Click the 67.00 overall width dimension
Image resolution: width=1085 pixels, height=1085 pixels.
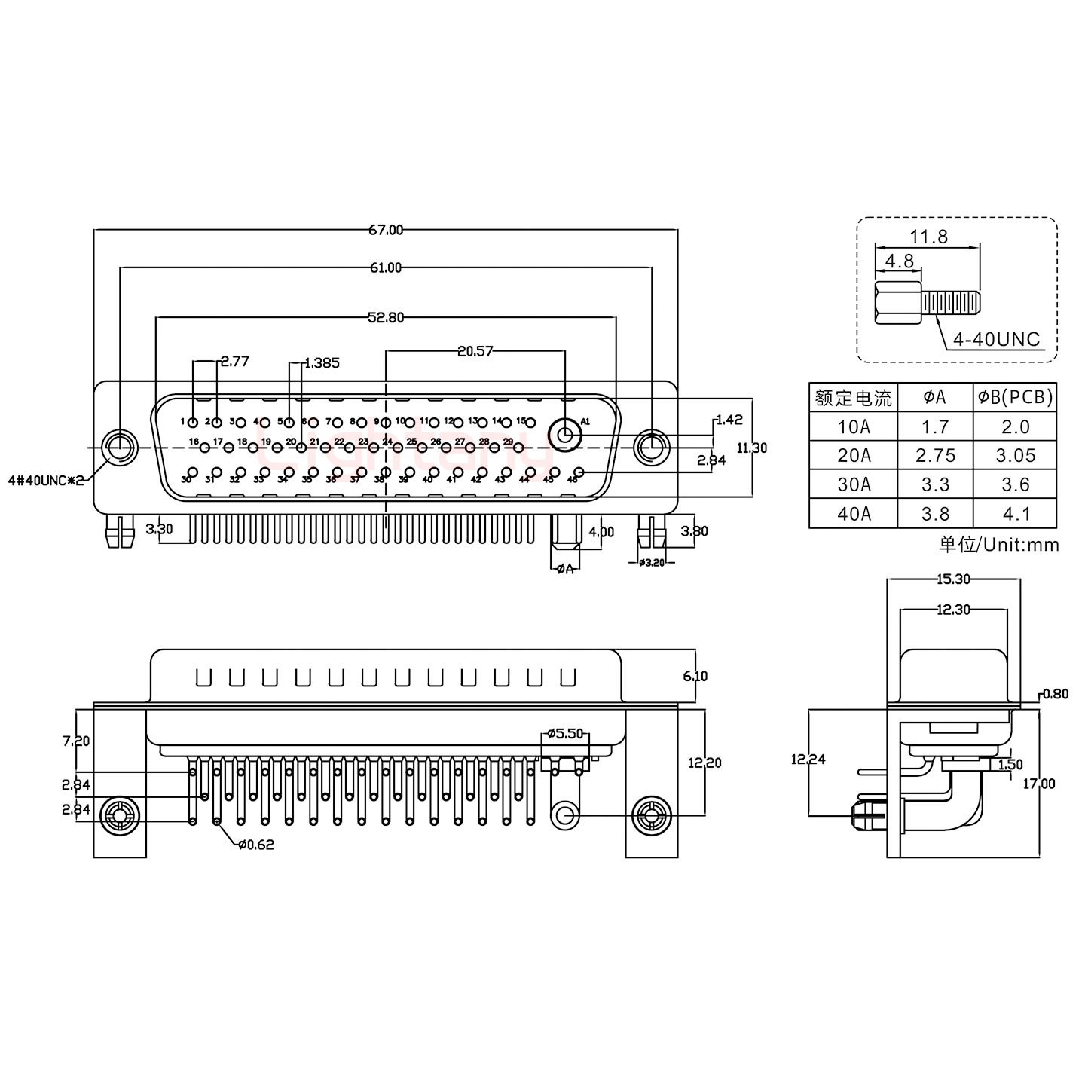coord(386,230)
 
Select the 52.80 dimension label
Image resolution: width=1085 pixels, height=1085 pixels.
coord(386,318)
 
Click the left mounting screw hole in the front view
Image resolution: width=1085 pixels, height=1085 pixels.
coord(119,448)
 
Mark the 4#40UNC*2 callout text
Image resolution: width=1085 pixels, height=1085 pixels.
coord(45,480)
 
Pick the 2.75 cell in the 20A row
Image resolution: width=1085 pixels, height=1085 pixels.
coord(935,456)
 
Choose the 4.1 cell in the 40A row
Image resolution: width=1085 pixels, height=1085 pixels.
coord(1015,514)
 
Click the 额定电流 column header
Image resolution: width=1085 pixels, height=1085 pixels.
coord(853,397)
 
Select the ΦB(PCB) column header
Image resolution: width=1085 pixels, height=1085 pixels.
coord(1015,397)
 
